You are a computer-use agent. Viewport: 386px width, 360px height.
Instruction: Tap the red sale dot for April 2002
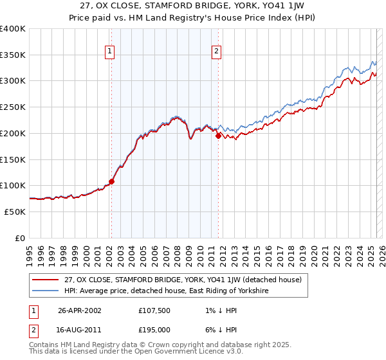pyautogui.click(x=111, y=181)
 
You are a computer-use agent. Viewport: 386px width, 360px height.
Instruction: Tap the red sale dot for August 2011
pyautogui.click(x=218, y=136)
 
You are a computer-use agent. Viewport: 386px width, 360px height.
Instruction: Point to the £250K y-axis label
pyautogui.click(x=13, y=107)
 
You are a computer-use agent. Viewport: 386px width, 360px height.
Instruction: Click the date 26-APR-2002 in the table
pyautogui.click(x=80, y=310)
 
